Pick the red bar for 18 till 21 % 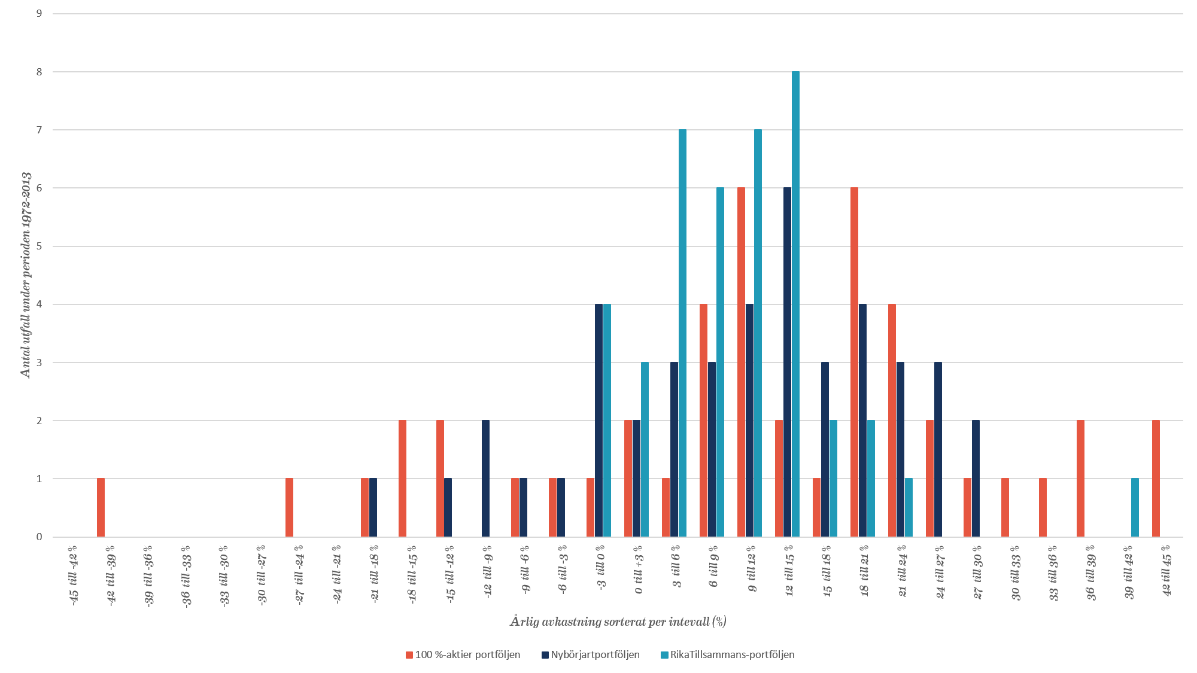tap(854, 362)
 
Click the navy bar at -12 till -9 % tap(485, 479)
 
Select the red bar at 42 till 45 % tap(1156, 479)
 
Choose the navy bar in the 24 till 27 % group tap(938, 449)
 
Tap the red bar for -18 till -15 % tap(402, 479)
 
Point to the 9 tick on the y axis tap(39, 13)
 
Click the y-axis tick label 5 tap(39, 246)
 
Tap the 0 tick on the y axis tap(39, 537)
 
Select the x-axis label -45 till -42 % tap(73, 574)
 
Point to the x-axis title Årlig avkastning tap(618, 622)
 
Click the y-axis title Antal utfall tap(26, 275)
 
